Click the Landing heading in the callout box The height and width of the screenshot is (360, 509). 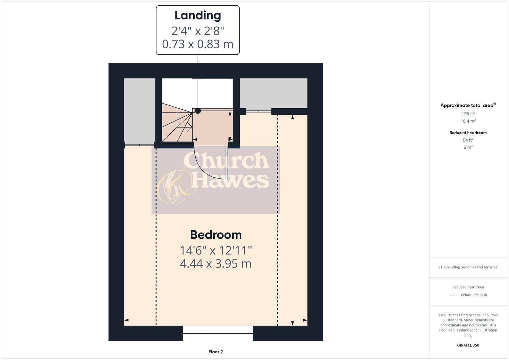click(198, 15)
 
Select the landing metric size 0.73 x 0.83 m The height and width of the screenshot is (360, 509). click(198, 44)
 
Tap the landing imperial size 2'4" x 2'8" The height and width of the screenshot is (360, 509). click(198, 31)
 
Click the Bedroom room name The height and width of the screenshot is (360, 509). click(216, 235)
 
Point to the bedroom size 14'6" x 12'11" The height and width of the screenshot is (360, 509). click(216, 250)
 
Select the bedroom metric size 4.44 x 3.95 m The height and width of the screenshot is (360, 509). click(216, 264)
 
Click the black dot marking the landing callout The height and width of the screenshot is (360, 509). click(198, 111)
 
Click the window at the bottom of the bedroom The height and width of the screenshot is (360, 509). click(218, 333)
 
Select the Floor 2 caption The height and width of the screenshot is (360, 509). click(216, 352)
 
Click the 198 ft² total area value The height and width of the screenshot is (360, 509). click(468, 114)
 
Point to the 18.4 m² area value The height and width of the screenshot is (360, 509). click(468, 121)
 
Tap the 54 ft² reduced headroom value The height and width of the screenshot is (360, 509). click(468, 140)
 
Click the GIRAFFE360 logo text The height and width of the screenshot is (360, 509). click(468, 345)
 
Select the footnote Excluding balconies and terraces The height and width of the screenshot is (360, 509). click(468, 267)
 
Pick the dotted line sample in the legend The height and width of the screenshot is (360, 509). click(454, 295)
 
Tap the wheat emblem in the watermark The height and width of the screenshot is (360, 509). click(172, 187)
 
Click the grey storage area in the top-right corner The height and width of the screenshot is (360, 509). click(273, 93)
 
